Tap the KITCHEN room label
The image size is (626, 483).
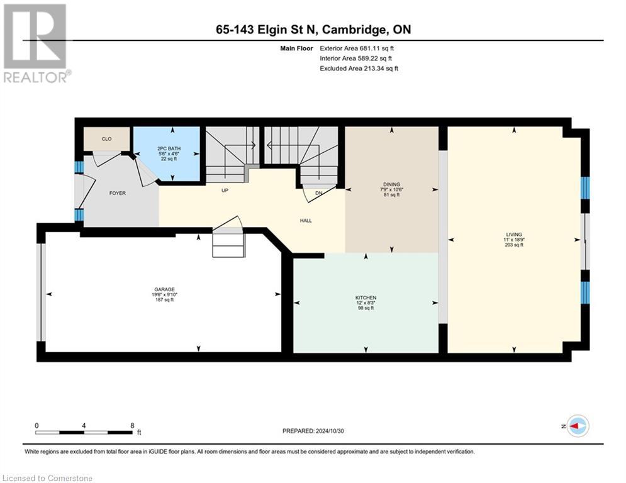(366, 297)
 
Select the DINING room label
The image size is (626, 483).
(392, 185)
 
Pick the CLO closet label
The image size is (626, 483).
(106, 138)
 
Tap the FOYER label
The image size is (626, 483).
(117, 193)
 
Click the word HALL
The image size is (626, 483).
(306, 220)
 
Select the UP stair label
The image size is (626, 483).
(223, 189)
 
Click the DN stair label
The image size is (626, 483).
(319, 193)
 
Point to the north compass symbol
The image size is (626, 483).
(577, 426)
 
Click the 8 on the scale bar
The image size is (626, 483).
(132, 425)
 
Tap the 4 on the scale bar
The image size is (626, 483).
(84, 425)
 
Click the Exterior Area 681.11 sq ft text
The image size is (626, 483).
(357, 48)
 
